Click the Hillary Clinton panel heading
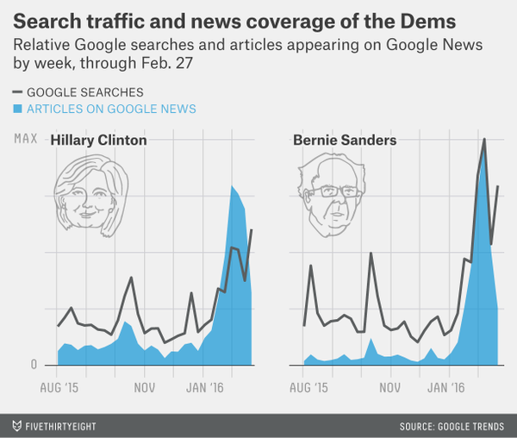click(98, 141)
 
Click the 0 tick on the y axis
click(34, 365)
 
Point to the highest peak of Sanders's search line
click(484, 139)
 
